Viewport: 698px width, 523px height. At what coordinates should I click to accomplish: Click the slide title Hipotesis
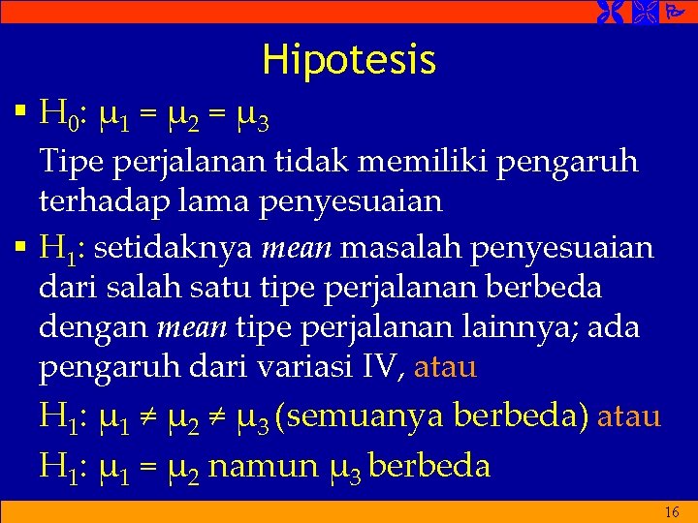pos(349,61)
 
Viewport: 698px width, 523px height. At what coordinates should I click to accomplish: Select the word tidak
pos(315,161)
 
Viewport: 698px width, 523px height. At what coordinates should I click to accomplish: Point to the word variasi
pos(319,369)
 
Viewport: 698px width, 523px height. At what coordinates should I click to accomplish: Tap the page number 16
pos(672,512)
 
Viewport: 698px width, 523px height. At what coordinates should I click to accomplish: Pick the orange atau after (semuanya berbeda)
pos(629,417)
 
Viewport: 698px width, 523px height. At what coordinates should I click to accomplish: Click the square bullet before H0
pos(21,118)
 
